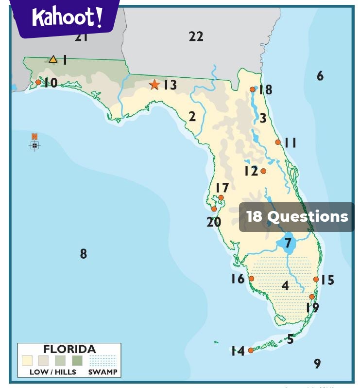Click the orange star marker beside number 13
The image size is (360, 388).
click(154, 85)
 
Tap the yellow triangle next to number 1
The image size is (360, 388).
click(53, 59)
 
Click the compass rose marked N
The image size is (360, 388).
click(34, 144)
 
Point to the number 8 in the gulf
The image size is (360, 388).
click(84, 253)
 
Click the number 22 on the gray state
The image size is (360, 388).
click(196, 36)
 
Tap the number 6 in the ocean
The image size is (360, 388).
click(320, 75)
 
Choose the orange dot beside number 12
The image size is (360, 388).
click(263, 171)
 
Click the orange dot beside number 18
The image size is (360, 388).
click(252, 89)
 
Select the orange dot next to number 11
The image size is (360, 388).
click(278, 142)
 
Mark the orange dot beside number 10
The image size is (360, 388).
click(38, 82)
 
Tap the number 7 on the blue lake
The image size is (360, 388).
click(288, 243)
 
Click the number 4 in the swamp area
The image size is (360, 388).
click(285, 286)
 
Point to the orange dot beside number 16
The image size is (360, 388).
click(251, 279)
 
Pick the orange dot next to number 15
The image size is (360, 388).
click(316, 279)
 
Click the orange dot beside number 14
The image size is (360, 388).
click(251, 350)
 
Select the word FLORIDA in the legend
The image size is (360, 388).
click(69, 349)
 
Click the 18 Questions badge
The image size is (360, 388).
click(297, 217)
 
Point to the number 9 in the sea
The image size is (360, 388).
click(317, 363)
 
